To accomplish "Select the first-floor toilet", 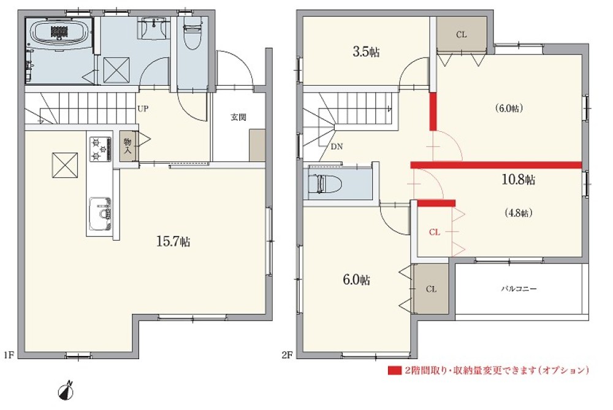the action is tap(191, 34).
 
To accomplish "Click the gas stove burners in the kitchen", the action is tap(101, 149).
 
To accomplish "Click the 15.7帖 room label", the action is tap(173, 241).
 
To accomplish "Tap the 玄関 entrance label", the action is tap(238, 117).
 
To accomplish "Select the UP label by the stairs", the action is tap(143, 108).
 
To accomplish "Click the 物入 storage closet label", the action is tap(128, 145).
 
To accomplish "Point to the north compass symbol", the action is tap(66, 391).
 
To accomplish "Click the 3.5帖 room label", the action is tap(366, 51).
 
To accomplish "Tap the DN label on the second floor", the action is tap(337, 146).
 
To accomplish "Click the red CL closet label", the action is tap(435, 232).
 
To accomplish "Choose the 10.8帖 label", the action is tap(519, 180).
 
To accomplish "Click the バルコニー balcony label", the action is tap(519, 289).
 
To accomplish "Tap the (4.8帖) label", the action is tap(519, 213).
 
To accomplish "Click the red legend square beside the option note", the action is tap(394, 370).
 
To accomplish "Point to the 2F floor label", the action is tap(287, 355).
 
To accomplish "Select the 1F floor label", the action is tap(9, 355).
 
